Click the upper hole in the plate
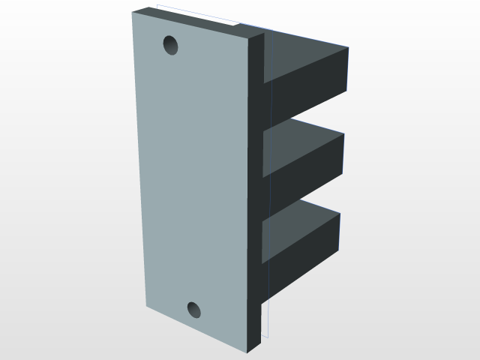pos(172,46)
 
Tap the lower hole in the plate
pos(194,309)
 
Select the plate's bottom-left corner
pos(145,305)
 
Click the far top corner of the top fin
pos(348,48)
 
